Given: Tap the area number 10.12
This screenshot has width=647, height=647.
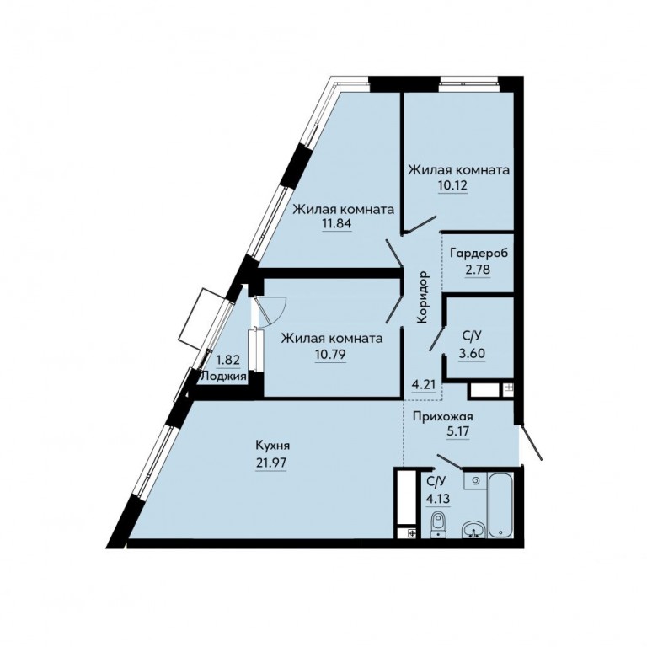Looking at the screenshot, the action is (452, 185).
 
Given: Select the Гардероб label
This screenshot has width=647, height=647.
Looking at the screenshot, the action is (479, 253).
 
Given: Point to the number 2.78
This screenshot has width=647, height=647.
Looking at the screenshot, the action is (479, 270).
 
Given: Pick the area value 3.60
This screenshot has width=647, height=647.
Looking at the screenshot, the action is (473, 353).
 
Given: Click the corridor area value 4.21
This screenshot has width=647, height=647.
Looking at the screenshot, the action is (424, 385).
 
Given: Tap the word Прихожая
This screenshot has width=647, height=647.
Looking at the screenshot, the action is (443, 417).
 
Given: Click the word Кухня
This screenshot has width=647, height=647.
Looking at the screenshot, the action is (273, 446).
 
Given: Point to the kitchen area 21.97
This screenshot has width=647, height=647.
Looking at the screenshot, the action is (271, 463).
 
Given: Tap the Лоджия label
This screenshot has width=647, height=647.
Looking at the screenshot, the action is (223, 376).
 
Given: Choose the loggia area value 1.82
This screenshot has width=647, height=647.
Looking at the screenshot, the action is (228, 360).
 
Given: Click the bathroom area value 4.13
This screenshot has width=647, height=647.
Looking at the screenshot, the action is (438, 498).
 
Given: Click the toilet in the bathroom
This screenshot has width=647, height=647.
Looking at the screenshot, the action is (438, 524).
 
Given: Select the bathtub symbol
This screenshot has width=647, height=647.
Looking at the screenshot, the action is (500, 505).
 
